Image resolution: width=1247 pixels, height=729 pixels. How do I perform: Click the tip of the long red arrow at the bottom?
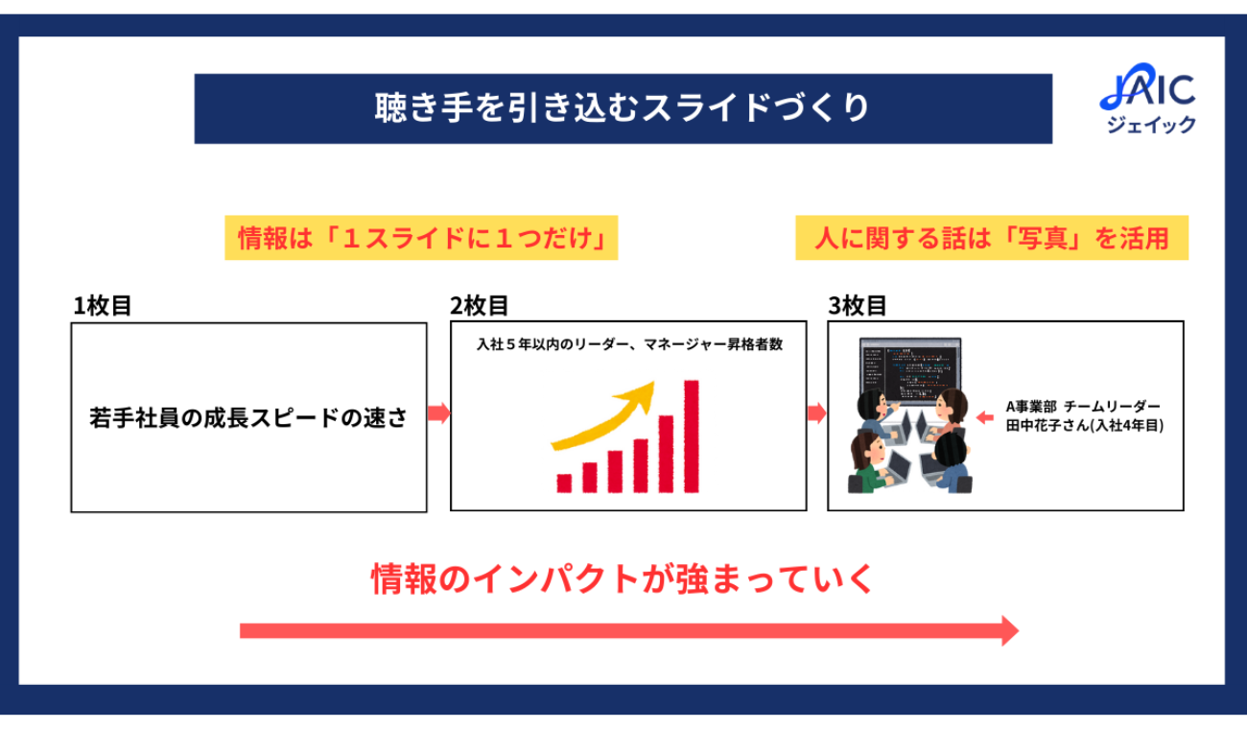pyautogui.click(x=1019, y=630)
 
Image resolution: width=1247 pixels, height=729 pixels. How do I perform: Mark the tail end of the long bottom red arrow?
pyautogui.click(x=241, y=630)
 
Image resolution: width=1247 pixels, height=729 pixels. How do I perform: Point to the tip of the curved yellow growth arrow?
pyautogui.click(x=653, y=383)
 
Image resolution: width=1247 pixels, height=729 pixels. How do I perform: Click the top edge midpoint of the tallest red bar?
pyautogui.click(x=692, y=381)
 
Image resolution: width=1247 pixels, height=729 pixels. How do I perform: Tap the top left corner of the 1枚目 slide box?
pyautogui.click(x=71, y=323)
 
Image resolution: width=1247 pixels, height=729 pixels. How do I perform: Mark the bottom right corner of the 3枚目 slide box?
pyautogui.click(x=1184, y=509)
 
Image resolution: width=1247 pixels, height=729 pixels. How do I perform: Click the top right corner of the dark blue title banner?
pyautogui.click(x=1052, y=74)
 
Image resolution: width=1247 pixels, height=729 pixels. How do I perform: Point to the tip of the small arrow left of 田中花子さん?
pyautogui.click(x=977, y=417)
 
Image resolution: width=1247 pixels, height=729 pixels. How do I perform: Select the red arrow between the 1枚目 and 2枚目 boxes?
pyautogui.click(x=439, y=412)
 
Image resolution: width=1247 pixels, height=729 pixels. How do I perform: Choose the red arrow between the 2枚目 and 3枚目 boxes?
pyautogui.click(x=816, y=412)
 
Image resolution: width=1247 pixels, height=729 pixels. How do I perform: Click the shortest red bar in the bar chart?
pyautogui.click(x=564, y=483)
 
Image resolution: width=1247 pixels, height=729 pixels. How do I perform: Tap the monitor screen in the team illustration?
pyautogui.click(x=910, y=369)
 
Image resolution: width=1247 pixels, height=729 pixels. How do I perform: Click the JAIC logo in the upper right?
pyautogui.click(x=1149, y=99)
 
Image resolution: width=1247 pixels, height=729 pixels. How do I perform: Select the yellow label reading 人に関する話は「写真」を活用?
pyautogui.click(x=992, y=238)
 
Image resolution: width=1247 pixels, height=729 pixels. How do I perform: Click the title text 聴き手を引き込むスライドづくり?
pyautogui.click(x=623, y=108)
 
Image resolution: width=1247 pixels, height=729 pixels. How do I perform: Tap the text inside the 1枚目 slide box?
pyautogui.click(x=248, y=417)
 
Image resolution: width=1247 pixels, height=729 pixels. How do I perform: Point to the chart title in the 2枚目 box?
pyautogui.click(x=629, y=344)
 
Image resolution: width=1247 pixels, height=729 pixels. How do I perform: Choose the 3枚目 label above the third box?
pyautogui.click(x=858, y=306)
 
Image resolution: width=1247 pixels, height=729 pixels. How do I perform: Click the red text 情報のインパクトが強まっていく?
pyautogui.click(x=623, y=578)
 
